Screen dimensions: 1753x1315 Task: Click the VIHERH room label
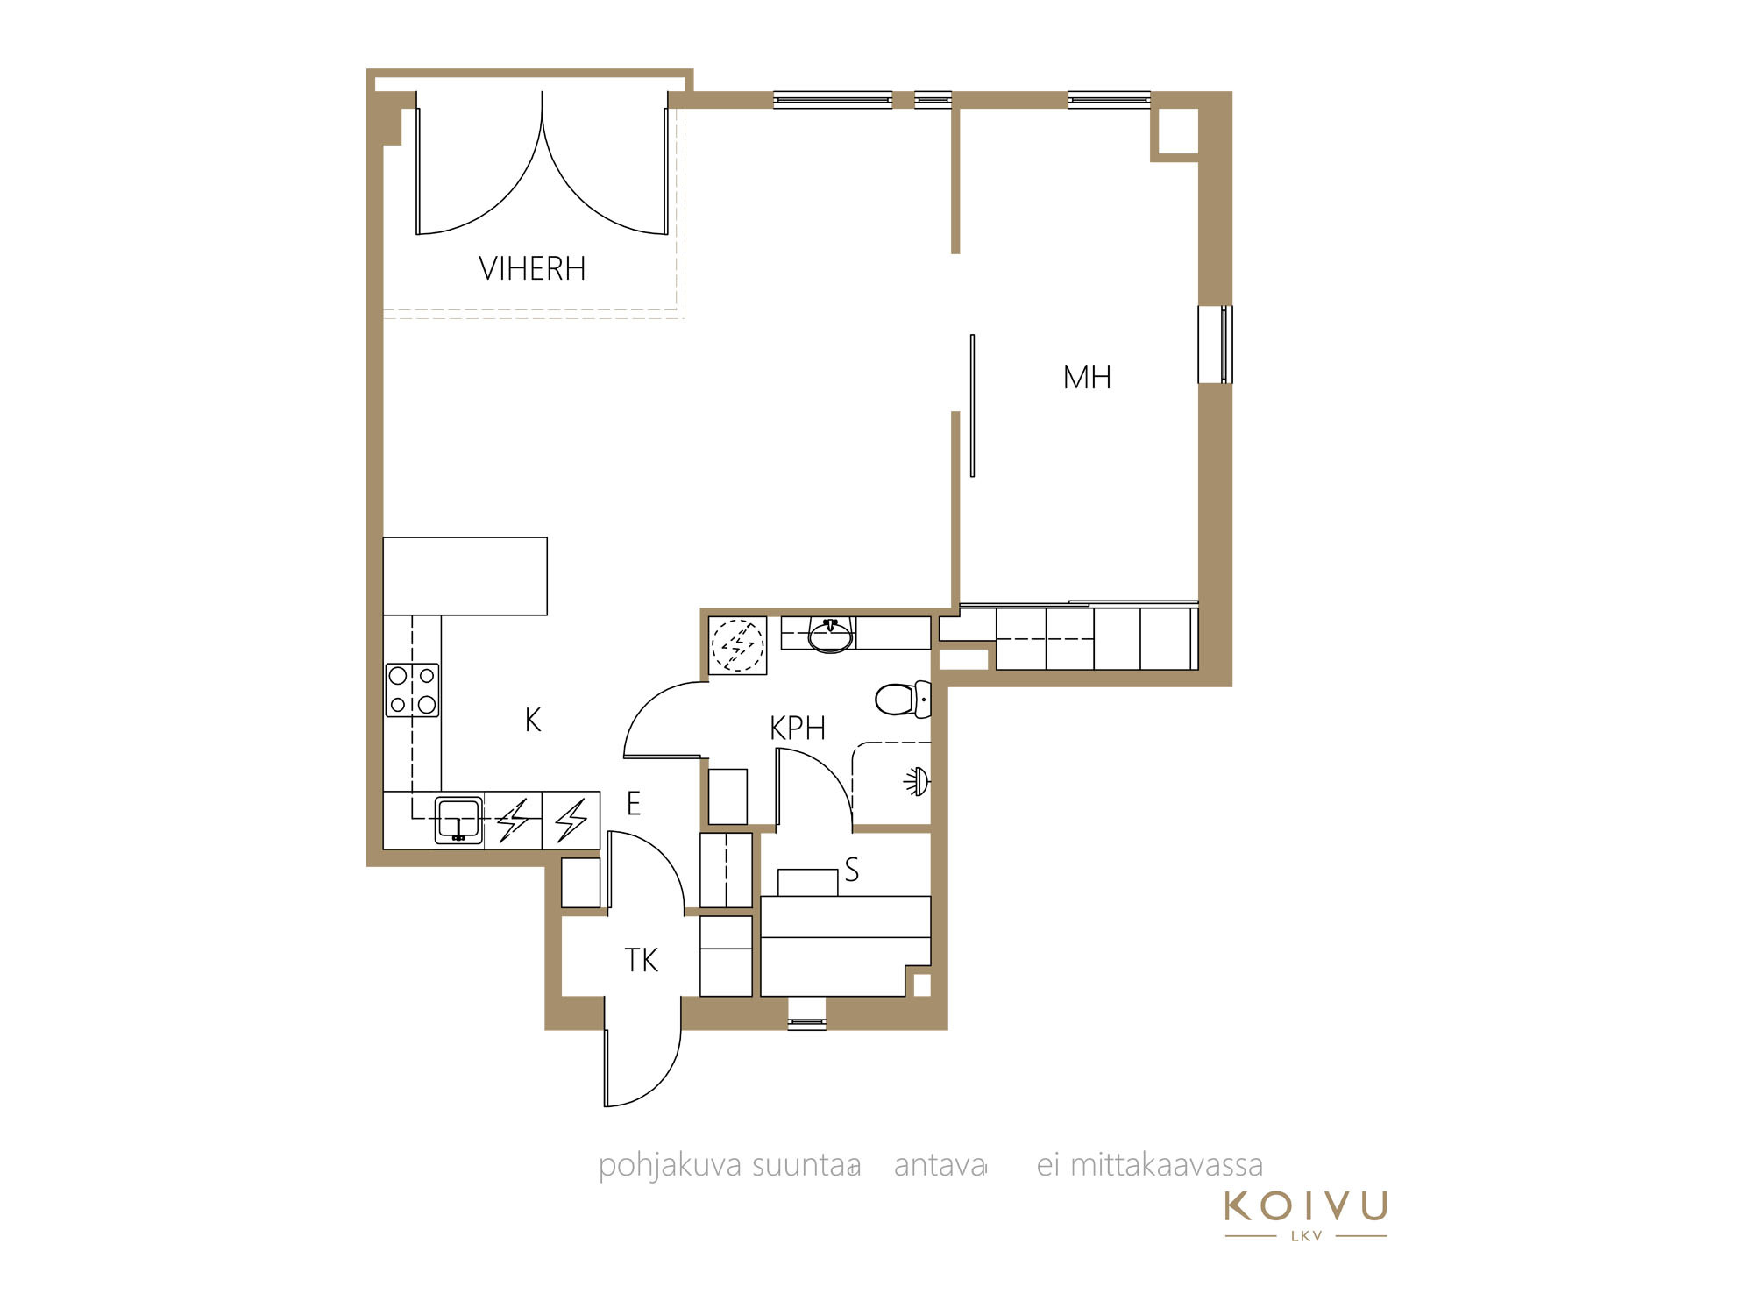click(532, 268)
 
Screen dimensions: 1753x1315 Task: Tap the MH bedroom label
click(1087, 378)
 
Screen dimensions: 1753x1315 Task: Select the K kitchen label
click(533, 721)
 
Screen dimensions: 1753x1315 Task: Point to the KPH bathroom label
click(798, 729)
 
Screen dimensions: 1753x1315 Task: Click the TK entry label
click(641, 961)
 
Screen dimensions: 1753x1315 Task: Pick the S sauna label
click(851, 870)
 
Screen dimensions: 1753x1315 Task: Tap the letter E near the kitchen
click(634, 804)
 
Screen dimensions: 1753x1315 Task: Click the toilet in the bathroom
click(902, 700)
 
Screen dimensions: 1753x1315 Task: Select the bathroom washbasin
click(830, 635)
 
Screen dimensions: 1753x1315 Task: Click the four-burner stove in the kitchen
click(412, 690)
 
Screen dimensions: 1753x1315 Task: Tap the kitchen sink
click(458, 821)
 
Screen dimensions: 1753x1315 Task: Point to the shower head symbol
click(917, 782)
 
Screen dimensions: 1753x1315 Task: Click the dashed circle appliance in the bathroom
click(738, 645)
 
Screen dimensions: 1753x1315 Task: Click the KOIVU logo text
click(1306, 1206)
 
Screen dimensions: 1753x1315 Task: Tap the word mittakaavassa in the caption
click(1167, 1166)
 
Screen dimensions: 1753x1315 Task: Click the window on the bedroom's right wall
click(1215, 345)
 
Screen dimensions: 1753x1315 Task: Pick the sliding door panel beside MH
click(972, 405)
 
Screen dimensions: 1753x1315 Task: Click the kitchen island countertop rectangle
click(465, 576)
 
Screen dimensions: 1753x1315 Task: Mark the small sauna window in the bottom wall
click(806, 1023)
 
